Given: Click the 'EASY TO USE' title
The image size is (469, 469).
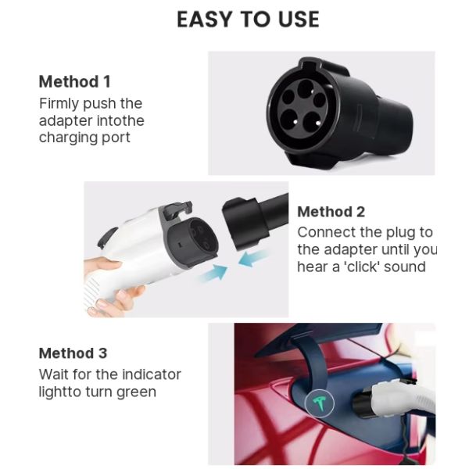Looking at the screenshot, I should point(248,20).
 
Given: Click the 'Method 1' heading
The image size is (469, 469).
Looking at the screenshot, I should point(74,82).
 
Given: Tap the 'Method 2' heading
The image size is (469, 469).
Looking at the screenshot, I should point(331,212).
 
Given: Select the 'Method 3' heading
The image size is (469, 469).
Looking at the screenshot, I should point(74,353).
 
